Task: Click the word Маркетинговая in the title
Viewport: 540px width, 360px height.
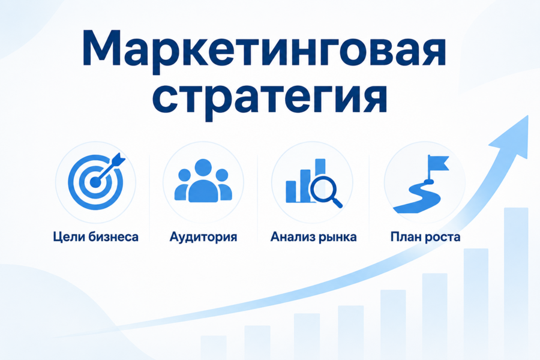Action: (264, 49)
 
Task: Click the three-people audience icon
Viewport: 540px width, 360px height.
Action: (203, 181)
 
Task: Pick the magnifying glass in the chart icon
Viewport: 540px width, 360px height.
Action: (326, 191)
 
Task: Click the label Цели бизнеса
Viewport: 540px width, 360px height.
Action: (95, 237)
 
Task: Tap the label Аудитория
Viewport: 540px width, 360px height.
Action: (203, 237)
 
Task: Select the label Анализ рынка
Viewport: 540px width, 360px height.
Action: (313, 237)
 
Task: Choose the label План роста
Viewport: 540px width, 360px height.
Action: (425, 237)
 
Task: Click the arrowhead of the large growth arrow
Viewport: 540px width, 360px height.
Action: (512, 138)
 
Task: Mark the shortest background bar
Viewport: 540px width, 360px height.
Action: (214, 347)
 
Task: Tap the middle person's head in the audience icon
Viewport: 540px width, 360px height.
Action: (203, 167)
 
